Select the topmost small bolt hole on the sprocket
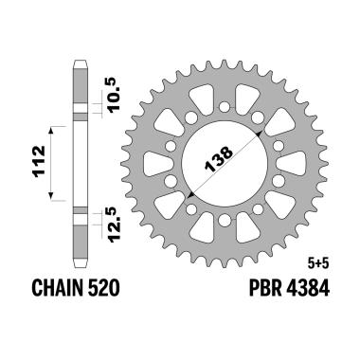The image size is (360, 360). [225, 87]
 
